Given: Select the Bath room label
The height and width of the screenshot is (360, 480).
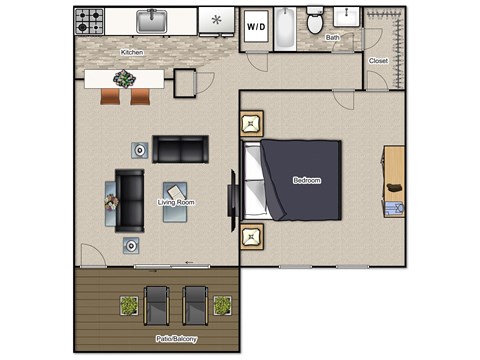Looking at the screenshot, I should (332, 38).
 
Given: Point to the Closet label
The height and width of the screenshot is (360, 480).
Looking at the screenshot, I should (378, 61).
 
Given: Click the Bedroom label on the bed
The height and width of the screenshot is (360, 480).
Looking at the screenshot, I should (306, 180).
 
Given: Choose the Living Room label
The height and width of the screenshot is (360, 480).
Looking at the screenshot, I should (176, 202).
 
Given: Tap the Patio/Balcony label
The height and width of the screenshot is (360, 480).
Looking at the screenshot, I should (177, 339).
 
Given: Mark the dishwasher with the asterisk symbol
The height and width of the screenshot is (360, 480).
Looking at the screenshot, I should (215, 20).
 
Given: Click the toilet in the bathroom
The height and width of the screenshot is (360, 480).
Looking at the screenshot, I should (314, 22).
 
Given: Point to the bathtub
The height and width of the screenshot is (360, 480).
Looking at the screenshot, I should (284, 27).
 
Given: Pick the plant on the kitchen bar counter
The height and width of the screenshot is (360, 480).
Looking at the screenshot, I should (125, 79).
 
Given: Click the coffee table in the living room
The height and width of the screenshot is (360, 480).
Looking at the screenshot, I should (177, 190).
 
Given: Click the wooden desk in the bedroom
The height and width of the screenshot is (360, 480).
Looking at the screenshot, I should (393, 175).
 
